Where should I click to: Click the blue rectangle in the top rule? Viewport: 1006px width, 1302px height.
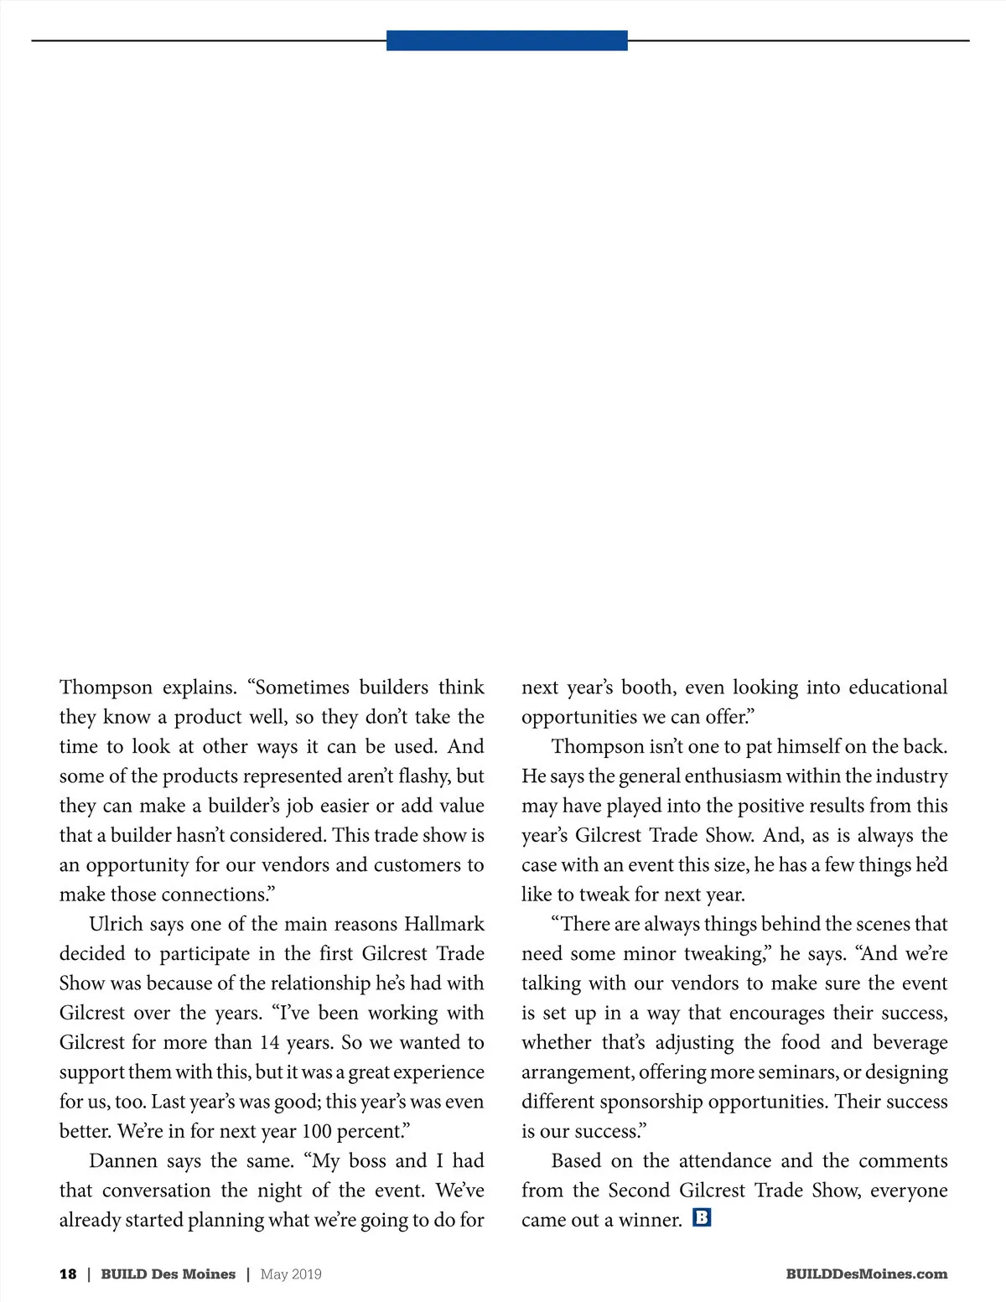click(x=506, y=40)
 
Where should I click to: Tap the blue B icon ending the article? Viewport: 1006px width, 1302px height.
click(x=702, y=1216)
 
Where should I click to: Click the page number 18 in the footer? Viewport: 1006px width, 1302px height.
click(x=68, y=1274)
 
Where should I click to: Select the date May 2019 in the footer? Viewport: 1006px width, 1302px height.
click(x=291, y=1274)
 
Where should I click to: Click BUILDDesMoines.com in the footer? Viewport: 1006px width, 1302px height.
click(x=867, y=1274)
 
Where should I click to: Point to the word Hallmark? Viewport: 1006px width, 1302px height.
click(x=444, y=924)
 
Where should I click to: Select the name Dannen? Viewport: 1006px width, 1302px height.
click(x=122, y=1161)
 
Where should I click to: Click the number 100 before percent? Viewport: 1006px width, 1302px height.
click(x=317, y=1132)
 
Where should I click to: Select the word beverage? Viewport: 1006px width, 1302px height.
click(x=910, y=1043)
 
